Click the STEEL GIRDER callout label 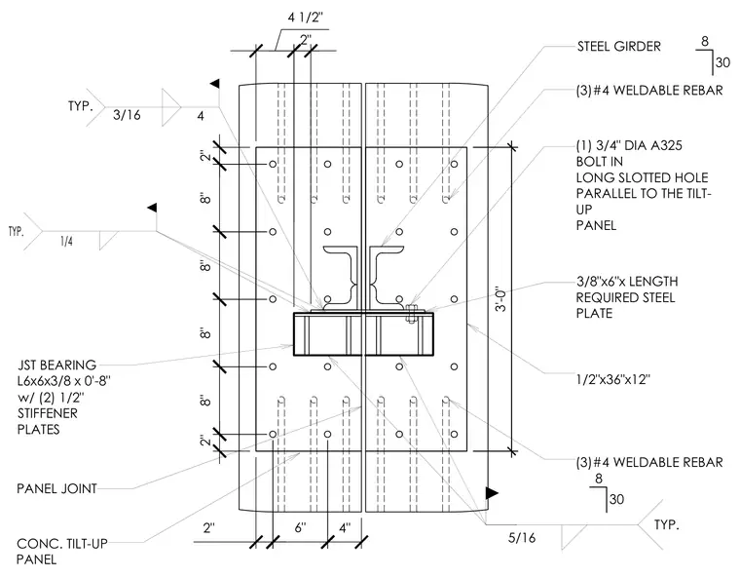[618, 47]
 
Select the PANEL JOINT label [56, 488]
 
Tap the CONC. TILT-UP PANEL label [61, 552]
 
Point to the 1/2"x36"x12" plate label [613, 379]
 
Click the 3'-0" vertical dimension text [500, 298]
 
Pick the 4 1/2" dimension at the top [306, 18]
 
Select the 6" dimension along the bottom [300, 527]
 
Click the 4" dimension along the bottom [345, 527]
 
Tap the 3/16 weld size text [127, 115]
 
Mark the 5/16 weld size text [522, 537]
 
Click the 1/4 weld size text [66, 242]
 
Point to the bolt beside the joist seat [411, 314]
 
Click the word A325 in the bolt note [666, 145]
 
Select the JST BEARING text [56, 365]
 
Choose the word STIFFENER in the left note [47, 413]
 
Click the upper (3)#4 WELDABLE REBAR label [649, 91]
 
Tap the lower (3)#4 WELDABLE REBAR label [649, 462]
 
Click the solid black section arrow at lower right [492, 493]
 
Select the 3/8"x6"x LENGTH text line [627, 282]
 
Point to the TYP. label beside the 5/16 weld [666, 524]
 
